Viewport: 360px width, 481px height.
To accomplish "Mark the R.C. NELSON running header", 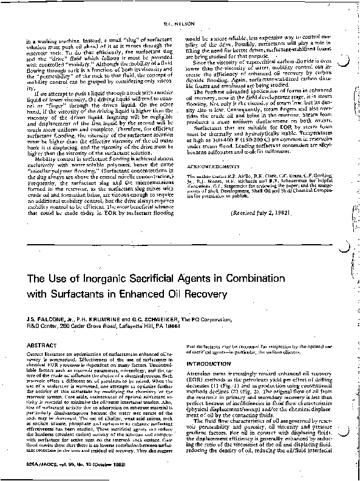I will click(180, 7).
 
